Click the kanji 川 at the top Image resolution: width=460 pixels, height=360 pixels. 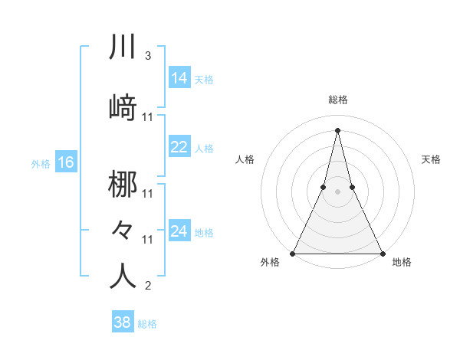123,47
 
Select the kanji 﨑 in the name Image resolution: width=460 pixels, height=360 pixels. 123,108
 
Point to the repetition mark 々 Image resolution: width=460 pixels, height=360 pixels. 123,229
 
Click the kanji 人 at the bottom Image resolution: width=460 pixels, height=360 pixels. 123,277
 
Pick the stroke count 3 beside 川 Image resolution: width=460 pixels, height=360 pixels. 147,56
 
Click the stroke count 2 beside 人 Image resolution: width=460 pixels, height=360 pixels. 147,286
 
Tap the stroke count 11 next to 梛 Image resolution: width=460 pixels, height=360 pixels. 148,194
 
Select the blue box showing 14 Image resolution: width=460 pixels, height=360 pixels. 179,78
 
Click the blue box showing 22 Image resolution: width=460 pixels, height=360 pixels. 179,147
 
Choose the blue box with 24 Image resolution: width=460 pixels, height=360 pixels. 179,231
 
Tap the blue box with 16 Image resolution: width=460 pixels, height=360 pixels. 66,162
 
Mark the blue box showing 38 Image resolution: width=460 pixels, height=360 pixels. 122,322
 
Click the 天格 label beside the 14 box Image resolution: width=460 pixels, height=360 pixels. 204,79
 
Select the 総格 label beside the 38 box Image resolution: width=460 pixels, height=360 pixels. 147,324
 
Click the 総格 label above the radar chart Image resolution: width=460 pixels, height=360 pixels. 337,100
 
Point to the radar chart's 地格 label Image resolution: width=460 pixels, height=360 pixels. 402,263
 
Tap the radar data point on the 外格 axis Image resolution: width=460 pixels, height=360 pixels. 293,253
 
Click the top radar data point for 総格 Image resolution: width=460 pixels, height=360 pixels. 337,129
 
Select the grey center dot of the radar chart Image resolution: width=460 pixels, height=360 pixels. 337,192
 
